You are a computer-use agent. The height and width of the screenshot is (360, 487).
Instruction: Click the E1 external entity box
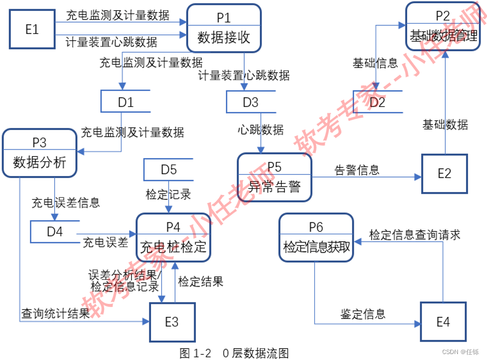(32, 29)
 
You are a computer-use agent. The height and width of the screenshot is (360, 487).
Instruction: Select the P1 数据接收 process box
(224, 28)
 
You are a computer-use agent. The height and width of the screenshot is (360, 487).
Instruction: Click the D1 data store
(125, 102)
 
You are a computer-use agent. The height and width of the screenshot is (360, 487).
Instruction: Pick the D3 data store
(250, 102)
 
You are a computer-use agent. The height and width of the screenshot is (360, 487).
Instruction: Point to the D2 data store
(378, 102)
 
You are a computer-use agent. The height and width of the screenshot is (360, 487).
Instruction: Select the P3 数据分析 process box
(39, 152)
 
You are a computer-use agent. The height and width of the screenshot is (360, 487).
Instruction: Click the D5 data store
(168, 169)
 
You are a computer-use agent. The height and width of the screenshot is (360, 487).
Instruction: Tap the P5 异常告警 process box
(275, 176)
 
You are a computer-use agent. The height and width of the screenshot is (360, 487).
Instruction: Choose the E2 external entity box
(444, 173)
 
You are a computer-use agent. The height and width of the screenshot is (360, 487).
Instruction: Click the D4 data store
(54, 232)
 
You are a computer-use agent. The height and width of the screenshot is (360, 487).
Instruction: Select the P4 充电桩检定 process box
(173, 238)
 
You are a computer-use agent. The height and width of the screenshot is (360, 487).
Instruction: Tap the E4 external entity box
(443, 322)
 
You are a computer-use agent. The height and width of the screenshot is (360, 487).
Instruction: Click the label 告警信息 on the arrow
(356, 169)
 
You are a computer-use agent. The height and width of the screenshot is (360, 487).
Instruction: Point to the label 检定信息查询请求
(414, 235)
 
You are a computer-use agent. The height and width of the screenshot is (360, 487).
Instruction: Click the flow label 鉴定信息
(362, 314)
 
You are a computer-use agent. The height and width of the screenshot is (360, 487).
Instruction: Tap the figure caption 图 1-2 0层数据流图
(234, 353)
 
